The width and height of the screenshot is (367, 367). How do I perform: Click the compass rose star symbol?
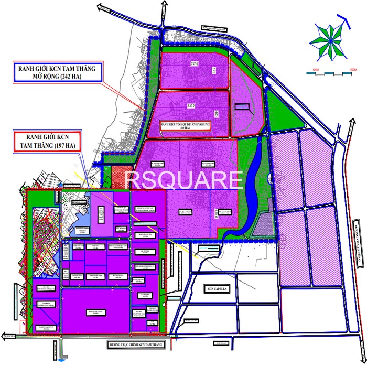pyautogui.click(x=329, y=40)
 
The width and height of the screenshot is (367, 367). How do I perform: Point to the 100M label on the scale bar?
pyautogui.click(x=315, y=69)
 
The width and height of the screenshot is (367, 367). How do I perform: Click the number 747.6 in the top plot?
pyautogui.click(x=195, y=64)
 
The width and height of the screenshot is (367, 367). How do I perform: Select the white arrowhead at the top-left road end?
pyautogui.click(x=102, y=8)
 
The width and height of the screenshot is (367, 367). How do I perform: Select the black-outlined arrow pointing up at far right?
pyautogui.click(x=348, y=24)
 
